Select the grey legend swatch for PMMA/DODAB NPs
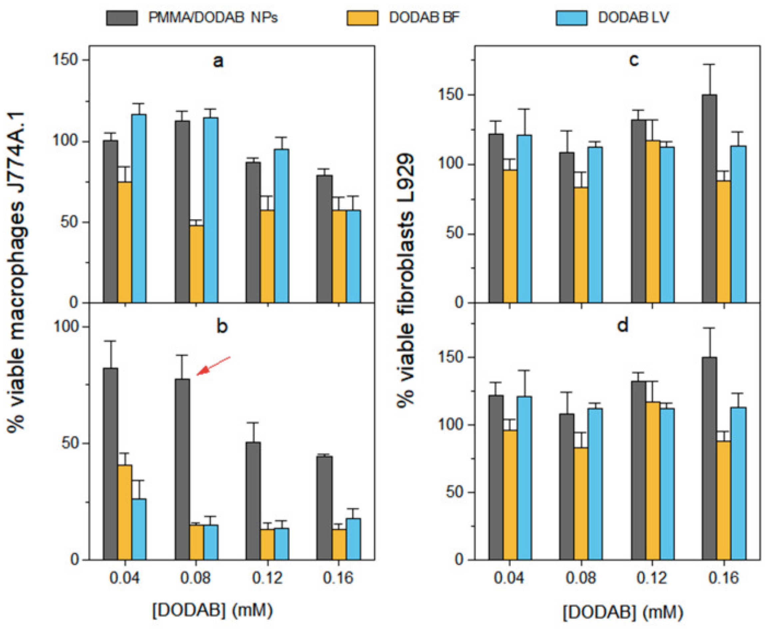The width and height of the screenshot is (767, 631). tap(122, 18)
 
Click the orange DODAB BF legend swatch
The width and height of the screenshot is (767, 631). tap(362, 18)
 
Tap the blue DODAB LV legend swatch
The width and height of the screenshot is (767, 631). tap(572, 18)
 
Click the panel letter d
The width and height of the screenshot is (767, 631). tap(623, 325)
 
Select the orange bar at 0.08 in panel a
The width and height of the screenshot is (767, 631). tap(196, 263)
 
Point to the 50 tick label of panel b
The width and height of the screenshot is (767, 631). tap(70, 444)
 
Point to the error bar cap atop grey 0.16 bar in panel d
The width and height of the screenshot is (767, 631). tap(709, 328)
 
